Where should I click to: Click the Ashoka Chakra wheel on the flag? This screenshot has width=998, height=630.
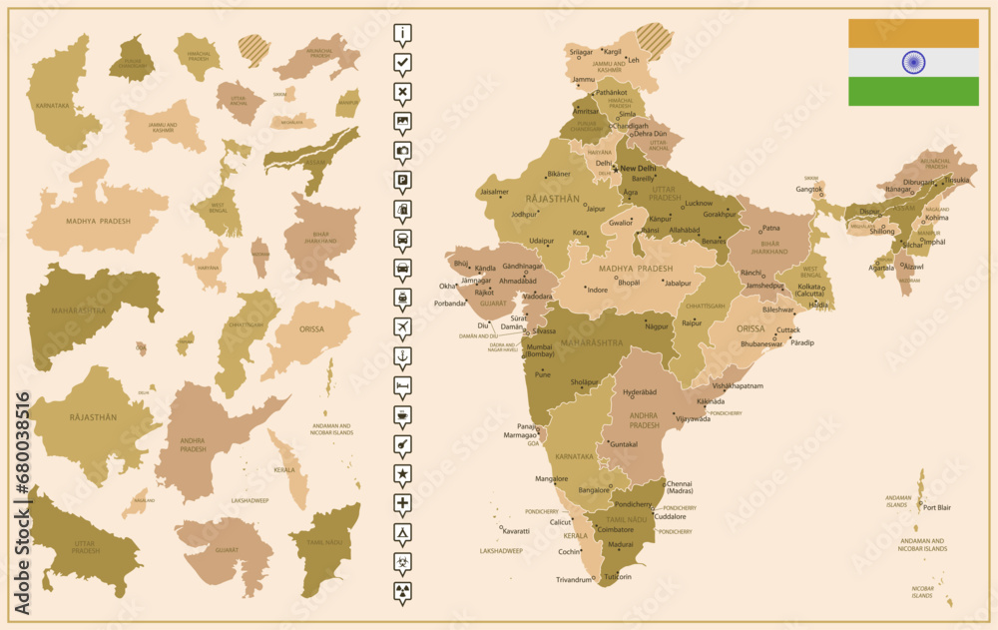tap(913, 62)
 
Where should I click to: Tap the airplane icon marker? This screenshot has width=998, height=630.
tap(402, 326)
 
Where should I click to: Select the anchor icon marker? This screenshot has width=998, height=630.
tap(402, 355)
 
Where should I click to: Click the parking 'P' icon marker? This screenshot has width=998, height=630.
tap(402, 181)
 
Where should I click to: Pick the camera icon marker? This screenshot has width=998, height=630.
tap(402, 151)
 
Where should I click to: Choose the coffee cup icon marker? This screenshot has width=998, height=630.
tap(402, 413)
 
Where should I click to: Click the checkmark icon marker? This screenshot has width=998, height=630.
tap(402, 63)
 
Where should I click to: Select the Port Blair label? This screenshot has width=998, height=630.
tap(936, 507)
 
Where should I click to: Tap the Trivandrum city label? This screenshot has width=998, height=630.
tap(575, 579)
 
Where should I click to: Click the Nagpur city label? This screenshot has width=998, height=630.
tap(656, 326)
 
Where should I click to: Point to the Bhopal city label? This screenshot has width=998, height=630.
tap(629, 283)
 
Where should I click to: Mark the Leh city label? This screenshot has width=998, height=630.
tap(634, 60)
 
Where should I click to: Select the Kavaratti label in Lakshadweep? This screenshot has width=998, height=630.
tap(516, 530)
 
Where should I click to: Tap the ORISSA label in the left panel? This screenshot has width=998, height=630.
tap(312, 328)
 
